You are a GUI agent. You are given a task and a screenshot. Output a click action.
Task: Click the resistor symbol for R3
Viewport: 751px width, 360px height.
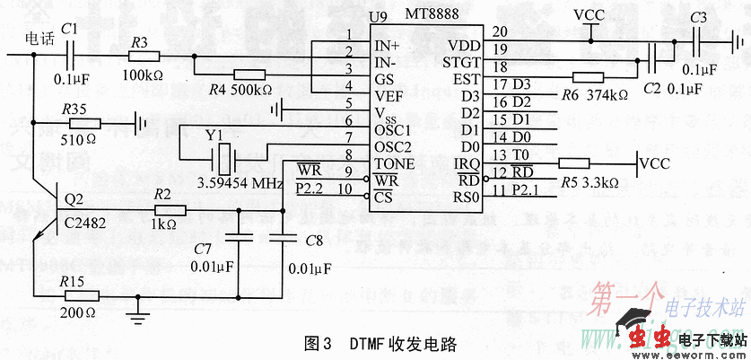coord(140,55)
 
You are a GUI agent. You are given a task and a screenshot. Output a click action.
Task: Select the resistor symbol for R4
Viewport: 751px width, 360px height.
coord(249,75)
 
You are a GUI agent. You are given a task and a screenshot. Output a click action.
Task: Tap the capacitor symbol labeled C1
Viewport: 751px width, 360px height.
coord(74,55)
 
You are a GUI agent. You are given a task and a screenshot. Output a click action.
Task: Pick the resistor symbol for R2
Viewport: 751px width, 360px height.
coord(170,211)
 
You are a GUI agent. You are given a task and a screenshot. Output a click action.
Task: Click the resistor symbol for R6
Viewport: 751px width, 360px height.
coord(588,78)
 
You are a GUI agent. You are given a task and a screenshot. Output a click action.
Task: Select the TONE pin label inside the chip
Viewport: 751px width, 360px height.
coord(395,163)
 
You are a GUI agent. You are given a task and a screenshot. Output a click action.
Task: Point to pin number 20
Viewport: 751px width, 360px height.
coord(499,31)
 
